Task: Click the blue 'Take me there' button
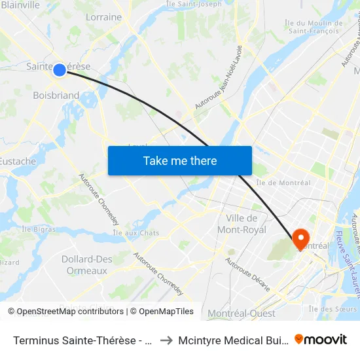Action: (179, 160)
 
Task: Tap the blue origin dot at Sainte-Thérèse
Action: (60, 69)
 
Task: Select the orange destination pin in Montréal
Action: (301, 238)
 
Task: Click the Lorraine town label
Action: (103, 17)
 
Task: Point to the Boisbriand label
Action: (56, 96)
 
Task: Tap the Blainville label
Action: (20, 5)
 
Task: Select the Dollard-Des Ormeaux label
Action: (87, 265)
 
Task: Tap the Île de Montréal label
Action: (283, 183)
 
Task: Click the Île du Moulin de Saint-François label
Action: (314, 27)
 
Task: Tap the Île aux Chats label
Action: (136, 232)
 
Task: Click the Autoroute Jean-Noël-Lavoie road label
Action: (219, 77)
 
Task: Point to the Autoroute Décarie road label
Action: (247, 274)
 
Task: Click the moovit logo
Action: (320, 339)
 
